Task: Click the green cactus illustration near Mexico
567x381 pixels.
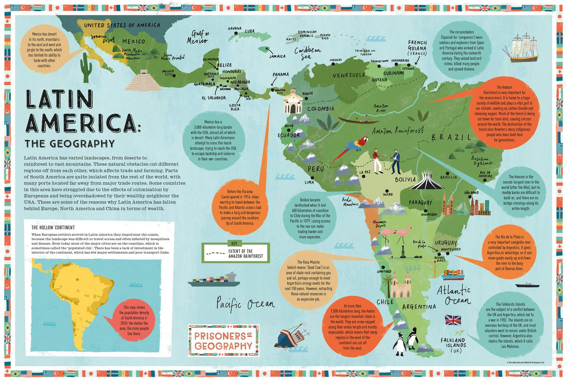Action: (86, 66)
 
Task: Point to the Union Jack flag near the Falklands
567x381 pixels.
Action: (453, 320)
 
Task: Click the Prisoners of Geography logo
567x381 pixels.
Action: (223, 340)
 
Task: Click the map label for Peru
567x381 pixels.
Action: (315, 169)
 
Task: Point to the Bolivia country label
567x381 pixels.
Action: (405, 180)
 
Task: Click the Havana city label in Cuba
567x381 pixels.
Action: (235, 29)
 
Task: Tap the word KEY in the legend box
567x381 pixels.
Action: (234, 244)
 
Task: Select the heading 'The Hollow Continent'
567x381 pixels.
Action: (53, 227)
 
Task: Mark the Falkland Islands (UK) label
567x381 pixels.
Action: (452, 345)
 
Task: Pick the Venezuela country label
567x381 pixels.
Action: (349, 75)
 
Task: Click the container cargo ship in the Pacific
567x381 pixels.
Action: (214, 279)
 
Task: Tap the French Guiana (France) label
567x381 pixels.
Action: (417, 48)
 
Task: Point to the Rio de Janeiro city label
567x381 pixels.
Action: (485, 174)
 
